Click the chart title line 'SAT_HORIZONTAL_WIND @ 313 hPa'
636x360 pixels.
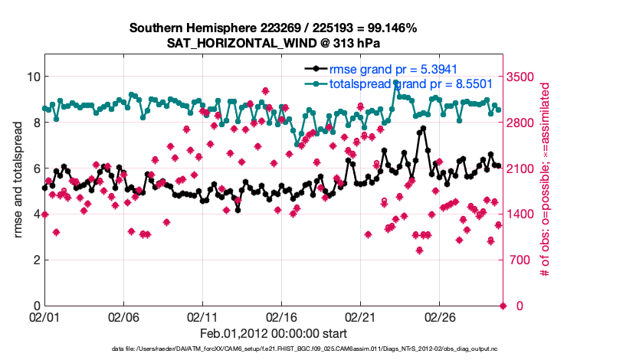click(x=273, y=43)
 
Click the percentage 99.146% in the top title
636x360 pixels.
click(x=389, y=28)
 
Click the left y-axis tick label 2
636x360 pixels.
click(x=34, y=260)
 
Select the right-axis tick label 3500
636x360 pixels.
click(x=524, y=77)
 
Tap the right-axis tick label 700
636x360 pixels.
click(x=521, y=260)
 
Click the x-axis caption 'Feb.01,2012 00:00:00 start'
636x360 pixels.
click(x=273, y=334)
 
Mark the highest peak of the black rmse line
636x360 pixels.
click(x=423, y=128)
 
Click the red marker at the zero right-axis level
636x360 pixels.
click(x=503, y=306)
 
